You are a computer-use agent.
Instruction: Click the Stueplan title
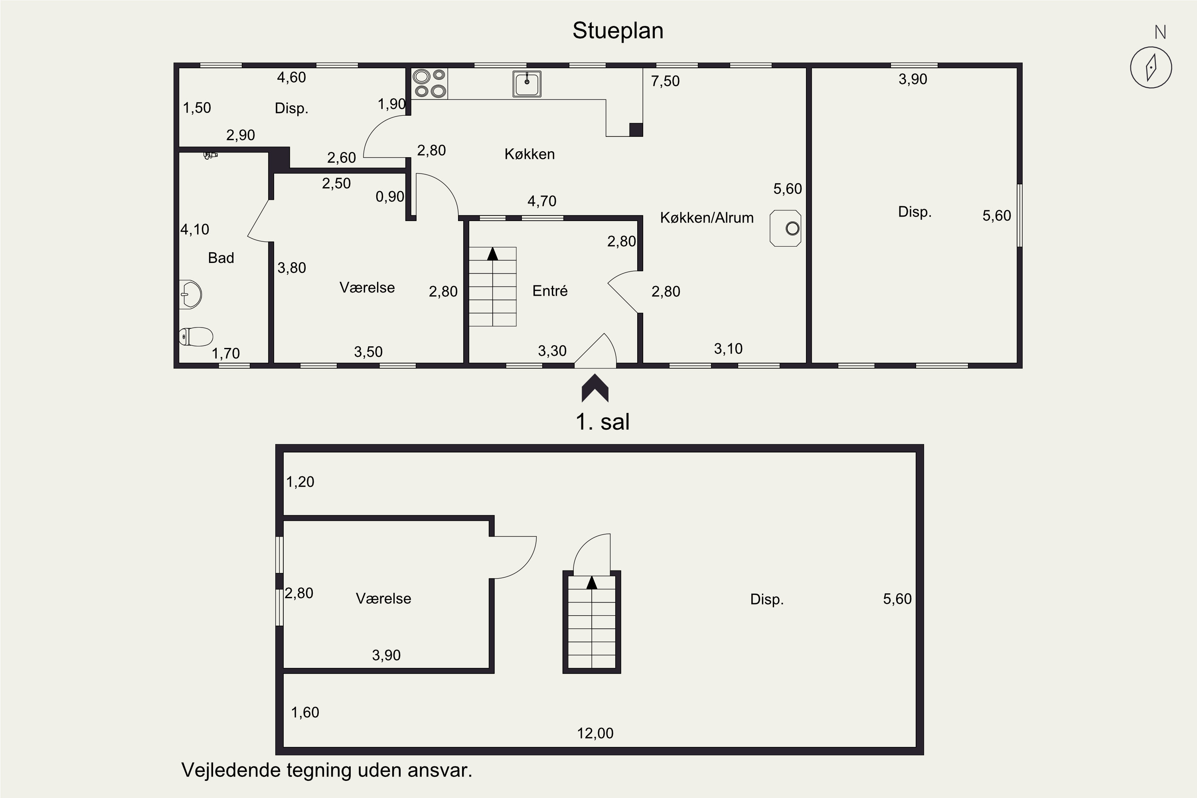click(618, 31)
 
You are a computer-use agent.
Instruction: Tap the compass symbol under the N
click(1151, 68)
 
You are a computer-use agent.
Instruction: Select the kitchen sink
click(527, 84)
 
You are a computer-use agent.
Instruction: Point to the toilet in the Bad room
click(196, 336)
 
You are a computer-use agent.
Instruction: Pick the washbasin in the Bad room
click(190, 294)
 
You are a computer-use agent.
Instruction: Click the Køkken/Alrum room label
click(706, 218)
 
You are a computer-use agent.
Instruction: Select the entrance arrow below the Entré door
click(595, 388)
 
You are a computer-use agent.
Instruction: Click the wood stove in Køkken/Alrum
click(786, 229)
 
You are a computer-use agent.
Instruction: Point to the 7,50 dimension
click(665, 81)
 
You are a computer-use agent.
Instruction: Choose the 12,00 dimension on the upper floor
click(595, 733)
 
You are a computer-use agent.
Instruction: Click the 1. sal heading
click(602, 422)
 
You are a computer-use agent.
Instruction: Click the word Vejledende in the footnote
click(231, 770)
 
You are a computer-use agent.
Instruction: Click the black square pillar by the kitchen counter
click(636, 130)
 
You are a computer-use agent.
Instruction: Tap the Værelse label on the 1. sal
click(383, 598)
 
